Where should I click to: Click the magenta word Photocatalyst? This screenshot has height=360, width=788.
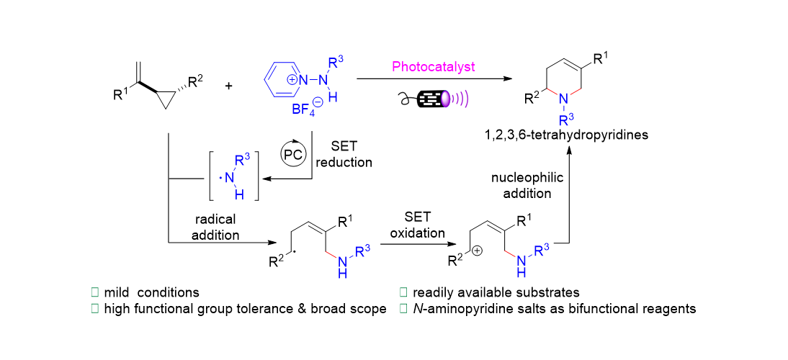[434, 68]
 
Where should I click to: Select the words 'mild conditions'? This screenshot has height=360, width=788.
[152, 292]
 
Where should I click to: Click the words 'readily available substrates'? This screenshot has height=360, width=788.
[497, 292]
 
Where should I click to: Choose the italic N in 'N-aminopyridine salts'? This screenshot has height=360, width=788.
[417, 309]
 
